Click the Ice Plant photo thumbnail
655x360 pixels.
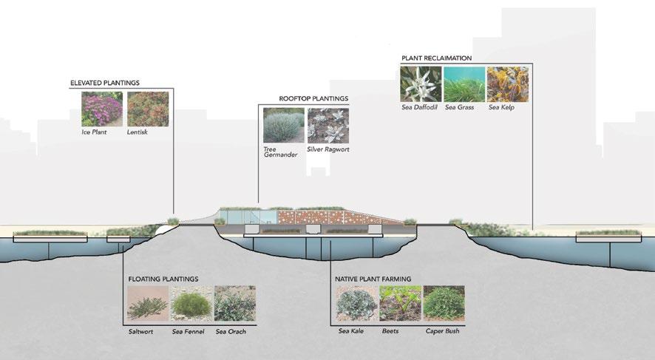[102, 109]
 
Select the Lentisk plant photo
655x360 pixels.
[148, 109]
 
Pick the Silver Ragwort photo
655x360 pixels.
[327, 125]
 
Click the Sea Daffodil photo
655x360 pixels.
[421, 84]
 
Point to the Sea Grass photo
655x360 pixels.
[464, 84]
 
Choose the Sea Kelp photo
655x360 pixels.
[507, 84]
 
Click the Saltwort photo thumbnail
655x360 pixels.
[147, 303]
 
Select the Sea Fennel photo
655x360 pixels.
[191, 303]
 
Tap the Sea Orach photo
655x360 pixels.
[234, 303]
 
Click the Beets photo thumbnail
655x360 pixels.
[400, 303]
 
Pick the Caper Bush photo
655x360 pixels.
[444, 303]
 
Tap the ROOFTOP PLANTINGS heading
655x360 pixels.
[313, 98]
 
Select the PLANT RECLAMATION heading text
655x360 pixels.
[436, 58]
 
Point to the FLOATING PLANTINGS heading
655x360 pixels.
[163, 279]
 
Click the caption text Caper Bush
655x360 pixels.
[443, 331]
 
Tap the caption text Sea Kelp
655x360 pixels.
[501, 108]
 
